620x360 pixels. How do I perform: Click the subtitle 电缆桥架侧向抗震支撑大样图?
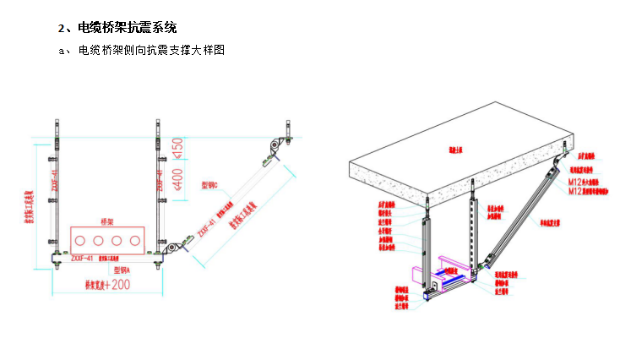pos(151,51)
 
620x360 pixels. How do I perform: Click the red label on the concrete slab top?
pos(457,150)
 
